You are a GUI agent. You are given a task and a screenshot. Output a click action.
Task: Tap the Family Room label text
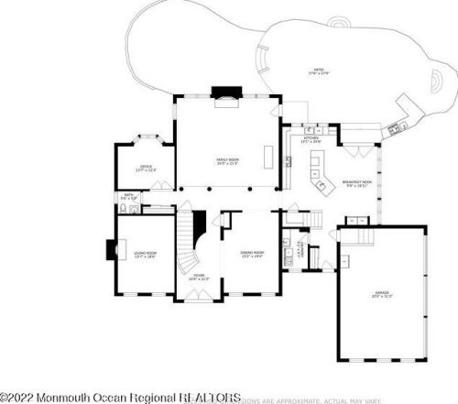(x=228, y=161)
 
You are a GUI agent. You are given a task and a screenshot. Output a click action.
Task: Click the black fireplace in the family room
(x=224, y=92)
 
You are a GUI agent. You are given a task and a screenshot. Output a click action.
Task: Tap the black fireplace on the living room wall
(x=110, y=250)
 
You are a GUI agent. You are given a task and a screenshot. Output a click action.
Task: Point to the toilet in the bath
(x=135, y=209)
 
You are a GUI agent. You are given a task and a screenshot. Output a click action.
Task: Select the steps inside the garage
(x=352, y=236)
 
